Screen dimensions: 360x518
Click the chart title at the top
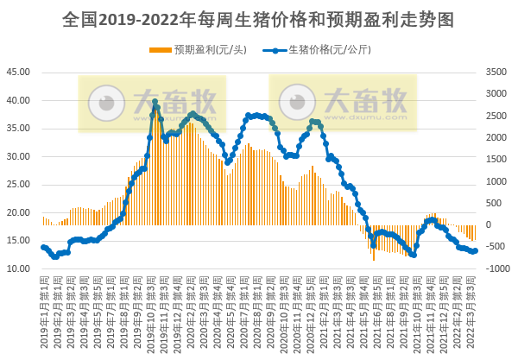tap(259, 18)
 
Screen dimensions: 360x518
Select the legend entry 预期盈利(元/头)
tap(199, 49)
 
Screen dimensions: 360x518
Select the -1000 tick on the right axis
tap(496, 268)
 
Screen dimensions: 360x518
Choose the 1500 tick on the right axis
tap(496, 160)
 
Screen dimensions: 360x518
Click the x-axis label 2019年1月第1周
tap(43, 313)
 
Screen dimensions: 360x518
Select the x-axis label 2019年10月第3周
tap(155, 313)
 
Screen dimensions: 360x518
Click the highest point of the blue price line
tap(155, 102)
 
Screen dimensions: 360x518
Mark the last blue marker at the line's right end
tap(475, 250)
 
